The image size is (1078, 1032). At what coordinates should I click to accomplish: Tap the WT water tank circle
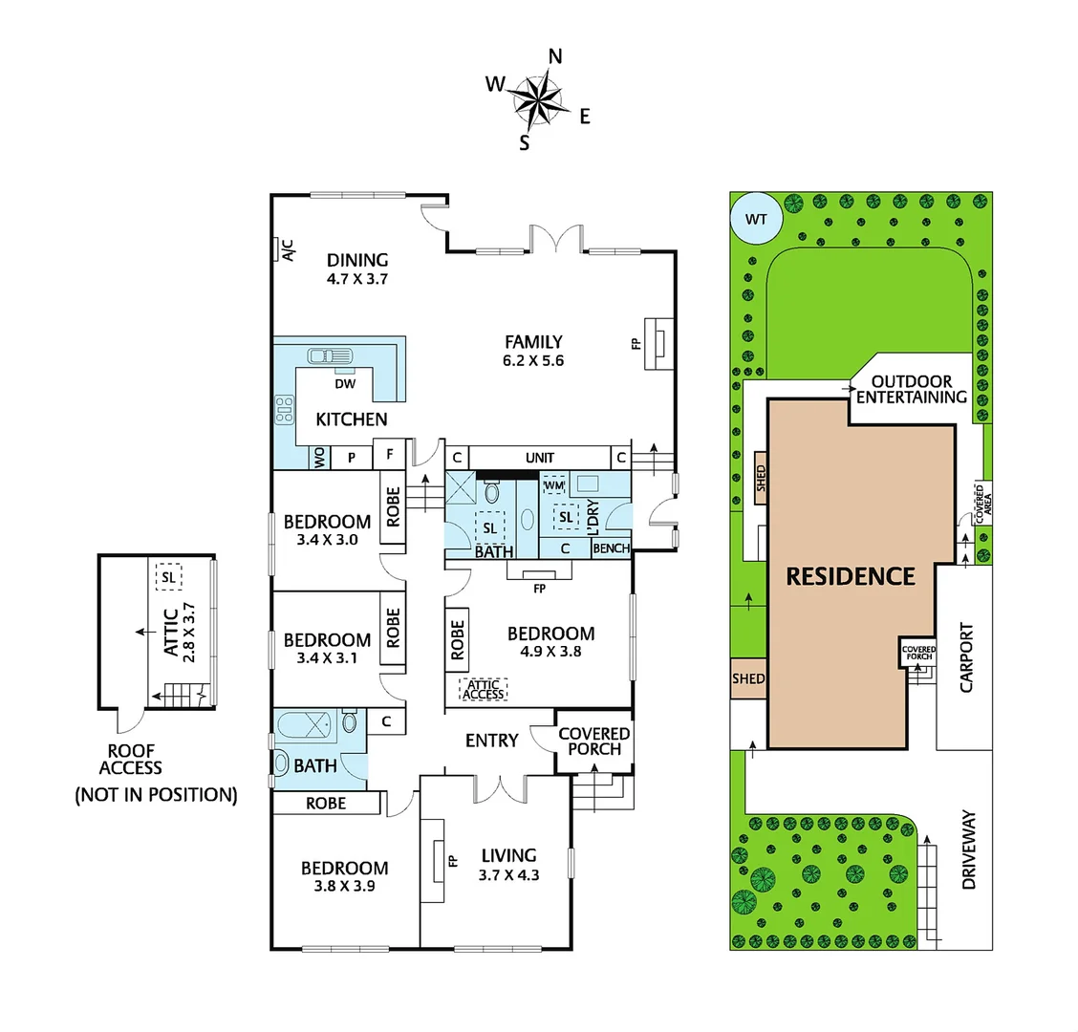point(755,220)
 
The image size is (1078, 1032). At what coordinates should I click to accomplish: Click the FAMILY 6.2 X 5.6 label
point(533,351)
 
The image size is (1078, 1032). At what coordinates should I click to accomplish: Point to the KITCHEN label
point(352,419)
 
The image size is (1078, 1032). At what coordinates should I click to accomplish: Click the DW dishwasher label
point(345,384)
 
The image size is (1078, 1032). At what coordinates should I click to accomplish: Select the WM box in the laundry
point(554,485)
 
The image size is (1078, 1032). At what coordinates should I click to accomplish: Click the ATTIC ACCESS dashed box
point(484,690)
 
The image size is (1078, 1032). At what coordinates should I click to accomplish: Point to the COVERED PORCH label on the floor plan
point(594,741)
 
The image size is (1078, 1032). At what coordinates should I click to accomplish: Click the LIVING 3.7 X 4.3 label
point(508,864)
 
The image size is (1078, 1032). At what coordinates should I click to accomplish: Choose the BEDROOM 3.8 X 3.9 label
point(344,876)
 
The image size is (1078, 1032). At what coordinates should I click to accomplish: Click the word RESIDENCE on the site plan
point(850,576)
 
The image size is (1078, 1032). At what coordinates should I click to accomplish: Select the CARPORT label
point(966,658)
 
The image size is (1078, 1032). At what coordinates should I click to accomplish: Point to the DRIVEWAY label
point(969,850)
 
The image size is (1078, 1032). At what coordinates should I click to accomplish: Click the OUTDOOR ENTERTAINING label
point(912,389)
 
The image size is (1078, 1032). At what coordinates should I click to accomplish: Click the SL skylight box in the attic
point(170,577)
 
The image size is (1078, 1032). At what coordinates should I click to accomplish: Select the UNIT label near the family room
point(540,458)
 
